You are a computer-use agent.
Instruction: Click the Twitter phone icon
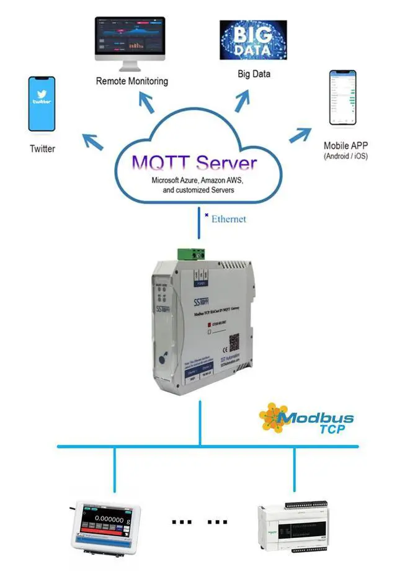click(42, 104)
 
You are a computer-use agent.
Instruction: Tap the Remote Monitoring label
click(132, 81)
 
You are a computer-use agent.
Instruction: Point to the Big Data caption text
click(254, 74)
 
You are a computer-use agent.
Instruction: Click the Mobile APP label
click(346, 146)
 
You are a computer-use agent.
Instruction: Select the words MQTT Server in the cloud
click(194, 163)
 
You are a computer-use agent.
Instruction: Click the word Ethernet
click(229, 219)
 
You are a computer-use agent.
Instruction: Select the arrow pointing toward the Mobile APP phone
click(303, 133)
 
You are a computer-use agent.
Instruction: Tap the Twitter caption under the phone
click(42, 149)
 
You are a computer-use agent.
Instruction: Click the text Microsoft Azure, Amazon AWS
click(194, 180)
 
